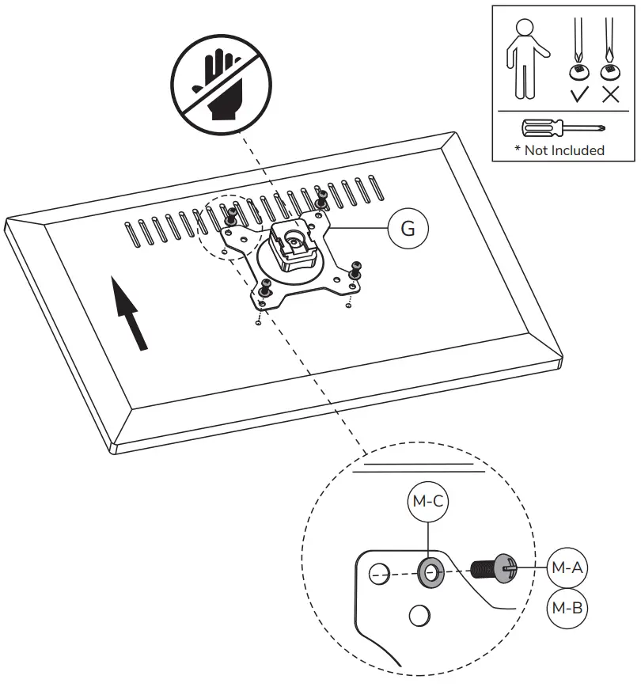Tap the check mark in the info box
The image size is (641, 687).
point(579,95)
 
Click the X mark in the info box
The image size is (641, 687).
point(610,95)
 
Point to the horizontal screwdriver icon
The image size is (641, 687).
point(563,127)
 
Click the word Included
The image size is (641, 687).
point(577,150)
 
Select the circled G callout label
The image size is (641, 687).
point(408,229)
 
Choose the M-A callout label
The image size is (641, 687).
point(567,566)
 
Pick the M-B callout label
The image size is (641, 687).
point(567,608)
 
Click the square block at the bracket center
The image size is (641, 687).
point(293,239)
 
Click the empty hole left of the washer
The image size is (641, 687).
point(378,574)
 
